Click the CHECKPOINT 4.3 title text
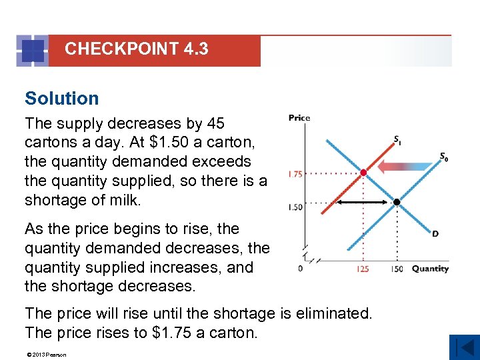pos(136,49)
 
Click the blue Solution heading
pos(62,99)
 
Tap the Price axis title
pos(299,118)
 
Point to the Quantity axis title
pos(430,269)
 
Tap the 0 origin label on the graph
pos(301,269)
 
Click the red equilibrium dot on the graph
pos(363,173)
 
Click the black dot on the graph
pos(396,201)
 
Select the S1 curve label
pos(397,140)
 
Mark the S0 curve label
pos(443,157)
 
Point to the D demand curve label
pos(435,234)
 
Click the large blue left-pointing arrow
pos(407,167)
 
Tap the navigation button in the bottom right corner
pos(464,347)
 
